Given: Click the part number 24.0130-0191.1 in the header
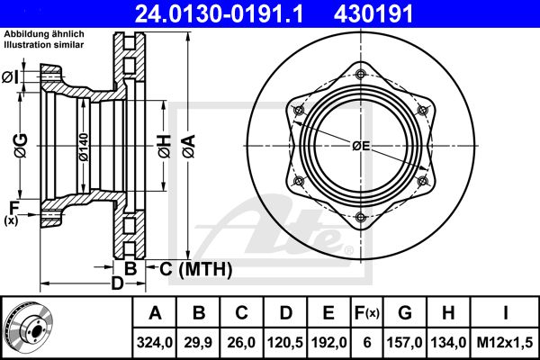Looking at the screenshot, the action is (x=219, y=13).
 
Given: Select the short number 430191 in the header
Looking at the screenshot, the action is (x=373, y=13).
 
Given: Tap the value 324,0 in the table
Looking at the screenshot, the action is (x=155, y=342).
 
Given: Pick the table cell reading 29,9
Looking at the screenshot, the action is (x=198, y=342).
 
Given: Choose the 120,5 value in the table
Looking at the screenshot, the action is (x=285, y=342).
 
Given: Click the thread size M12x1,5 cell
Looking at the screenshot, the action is (x=505, y=342).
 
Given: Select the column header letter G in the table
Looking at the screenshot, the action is (x=405, y=313).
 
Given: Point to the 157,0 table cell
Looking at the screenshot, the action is (x=405, y=342).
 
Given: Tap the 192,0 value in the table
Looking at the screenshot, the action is (x=328, y=342).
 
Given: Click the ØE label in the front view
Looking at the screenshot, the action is (x=361, y=146).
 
